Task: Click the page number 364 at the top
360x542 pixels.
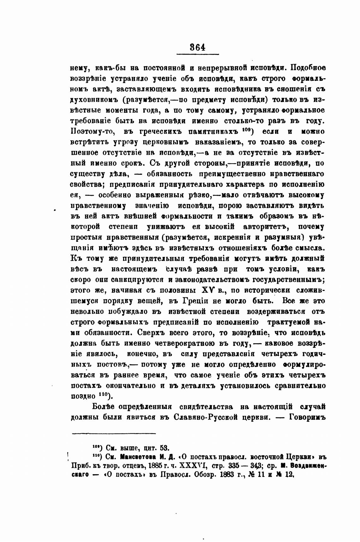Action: coord(198,47)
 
